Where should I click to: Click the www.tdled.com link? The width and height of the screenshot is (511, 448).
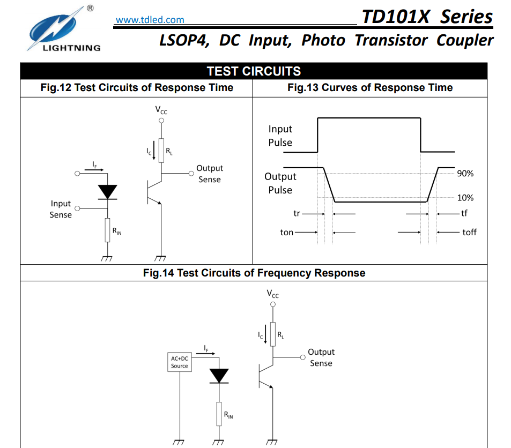coord(150,20)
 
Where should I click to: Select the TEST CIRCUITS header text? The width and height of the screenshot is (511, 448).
coord(254,71)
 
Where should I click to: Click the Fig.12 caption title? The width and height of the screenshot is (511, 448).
coord(137,88)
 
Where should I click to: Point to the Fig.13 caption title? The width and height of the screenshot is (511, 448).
coord(370,88)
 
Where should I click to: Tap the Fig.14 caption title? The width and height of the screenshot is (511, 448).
coord(254,273)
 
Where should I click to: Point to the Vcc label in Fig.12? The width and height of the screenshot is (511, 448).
coord(161,110)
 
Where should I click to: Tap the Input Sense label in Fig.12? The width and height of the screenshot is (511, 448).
coord(61,209)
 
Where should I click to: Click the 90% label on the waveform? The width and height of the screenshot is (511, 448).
coord(465,174)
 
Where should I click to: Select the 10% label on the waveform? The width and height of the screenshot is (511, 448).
coord(465,198)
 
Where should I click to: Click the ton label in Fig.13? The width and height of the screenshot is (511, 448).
coord(287,233)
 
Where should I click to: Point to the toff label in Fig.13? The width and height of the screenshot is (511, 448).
coord(469,233)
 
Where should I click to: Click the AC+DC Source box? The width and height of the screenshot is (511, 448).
coord(180,362)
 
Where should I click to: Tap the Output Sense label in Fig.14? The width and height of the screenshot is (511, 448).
coord(321,357)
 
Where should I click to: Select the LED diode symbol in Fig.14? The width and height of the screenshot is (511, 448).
coord(219,376)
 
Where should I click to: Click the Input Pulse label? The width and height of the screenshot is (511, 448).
coord(280,136)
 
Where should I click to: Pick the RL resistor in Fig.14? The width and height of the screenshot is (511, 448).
coord(273,334)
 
